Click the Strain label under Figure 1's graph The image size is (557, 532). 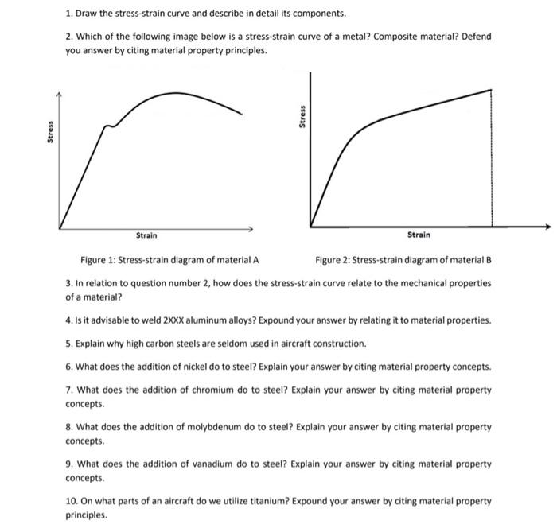[146, 235]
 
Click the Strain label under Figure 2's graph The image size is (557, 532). [419, 235]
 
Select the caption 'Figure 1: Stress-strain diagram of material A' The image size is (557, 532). [169, 260]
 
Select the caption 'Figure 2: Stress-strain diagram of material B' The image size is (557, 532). [404, 260]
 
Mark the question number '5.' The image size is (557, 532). [69, 344]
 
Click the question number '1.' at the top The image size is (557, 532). [69, 14]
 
